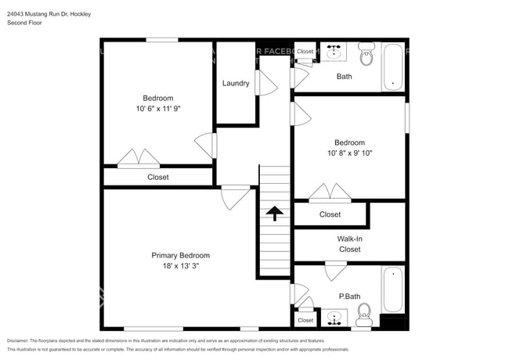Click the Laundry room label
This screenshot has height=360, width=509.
tap(236, 84)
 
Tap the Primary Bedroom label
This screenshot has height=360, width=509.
tap(180, 256)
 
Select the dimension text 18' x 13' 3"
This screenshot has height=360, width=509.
tap(180, 267)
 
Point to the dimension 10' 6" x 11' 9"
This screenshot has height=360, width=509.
tap(157, 110)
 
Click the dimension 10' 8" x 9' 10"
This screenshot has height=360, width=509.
tap(349, 153)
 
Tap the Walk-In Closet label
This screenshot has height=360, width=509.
tap(349, 244)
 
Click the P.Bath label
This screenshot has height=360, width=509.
tap(348, 297)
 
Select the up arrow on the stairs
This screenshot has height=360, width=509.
tap(274, 213)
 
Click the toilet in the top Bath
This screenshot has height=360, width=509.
tap(366, 56)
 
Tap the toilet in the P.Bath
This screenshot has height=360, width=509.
tap(363, 317)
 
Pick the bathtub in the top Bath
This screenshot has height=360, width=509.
tap(392, 67)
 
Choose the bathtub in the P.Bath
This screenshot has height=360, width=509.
tap(392, 290)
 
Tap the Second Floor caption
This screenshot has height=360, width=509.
tap(24, 23)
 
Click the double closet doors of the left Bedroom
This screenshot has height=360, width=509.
tap(139, 158)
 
